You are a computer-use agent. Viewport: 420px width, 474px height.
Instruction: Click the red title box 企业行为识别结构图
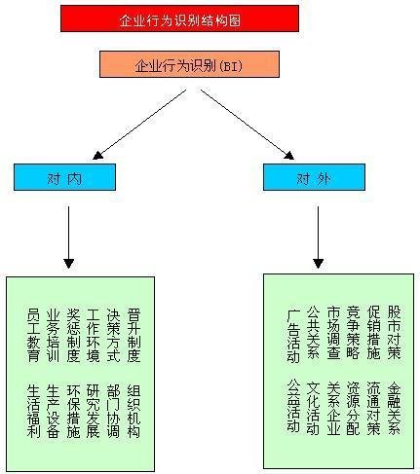179,18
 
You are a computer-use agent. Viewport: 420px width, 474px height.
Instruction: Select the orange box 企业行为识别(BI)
189,64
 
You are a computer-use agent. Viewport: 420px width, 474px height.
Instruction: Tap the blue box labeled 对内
64,177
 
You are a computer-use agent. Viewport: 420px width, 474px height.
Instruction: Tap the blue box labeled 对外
314,177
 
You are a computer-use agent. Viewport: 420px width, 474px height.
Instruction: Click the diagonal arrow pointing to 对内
139,125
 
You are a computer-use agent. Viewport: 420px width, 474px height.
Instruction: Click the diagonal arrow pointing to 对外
248,125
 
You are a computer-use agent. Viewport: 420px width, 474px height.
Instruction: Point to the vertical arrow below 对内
69,237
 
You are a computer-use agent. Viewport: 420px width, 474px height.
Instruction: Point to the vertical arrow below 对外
318,237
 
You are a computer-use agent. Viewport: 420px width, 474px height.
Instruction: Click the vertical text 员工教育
33,335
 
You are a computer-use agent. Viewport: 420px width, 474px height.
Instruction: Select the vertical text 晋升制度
134,335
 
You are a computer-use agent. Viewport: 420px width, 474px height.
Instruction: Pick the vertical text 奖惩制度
73,335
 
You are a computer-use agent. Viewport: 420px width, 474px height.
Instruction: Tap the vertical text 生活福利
33,411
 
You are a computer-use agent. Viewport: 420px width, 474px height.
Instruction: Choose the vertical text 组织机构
134,411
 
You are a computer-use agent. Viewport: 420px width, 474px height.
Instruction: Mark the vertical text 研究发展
94,411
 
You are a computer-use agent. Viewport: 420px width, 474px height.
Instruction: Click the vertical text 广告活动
293,336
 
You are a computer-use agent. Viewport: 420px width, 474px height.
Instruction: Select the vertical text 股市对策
394,332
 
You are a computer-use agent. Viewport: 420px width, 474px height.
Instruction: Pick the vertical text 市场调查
333,332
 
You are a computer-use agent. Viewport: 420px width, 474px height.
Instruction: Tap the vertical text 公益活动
293,406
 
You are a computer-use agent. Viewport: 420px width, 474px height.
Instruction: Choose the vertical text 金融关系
394,408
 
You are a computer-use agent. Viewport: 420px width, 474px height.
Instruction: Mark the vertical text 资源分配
354,408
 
